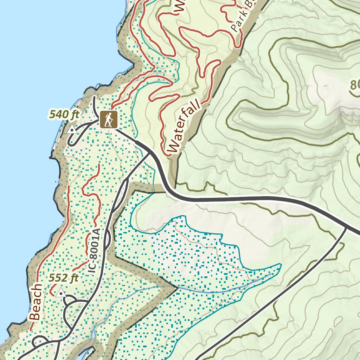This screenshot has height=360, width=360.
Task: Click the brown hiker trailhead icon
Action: [x=108, y=120]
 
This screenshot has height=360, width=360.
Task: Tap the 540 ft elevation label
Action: [x=65, y=114]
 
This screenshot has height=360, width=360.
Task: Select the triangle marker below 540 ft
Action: [x=72, y=130]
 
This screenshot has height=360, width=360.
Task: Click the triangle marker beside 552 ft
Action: [x=61, y=292]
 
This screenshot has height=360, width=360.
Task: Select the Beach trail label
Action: [x=36, y=303]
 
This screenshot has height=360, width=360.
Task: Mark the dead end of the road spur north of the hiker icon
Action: [x=94, y=97]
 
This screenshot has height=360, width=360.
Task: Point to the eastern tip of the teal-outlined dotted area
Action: [x=281, y=264]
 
